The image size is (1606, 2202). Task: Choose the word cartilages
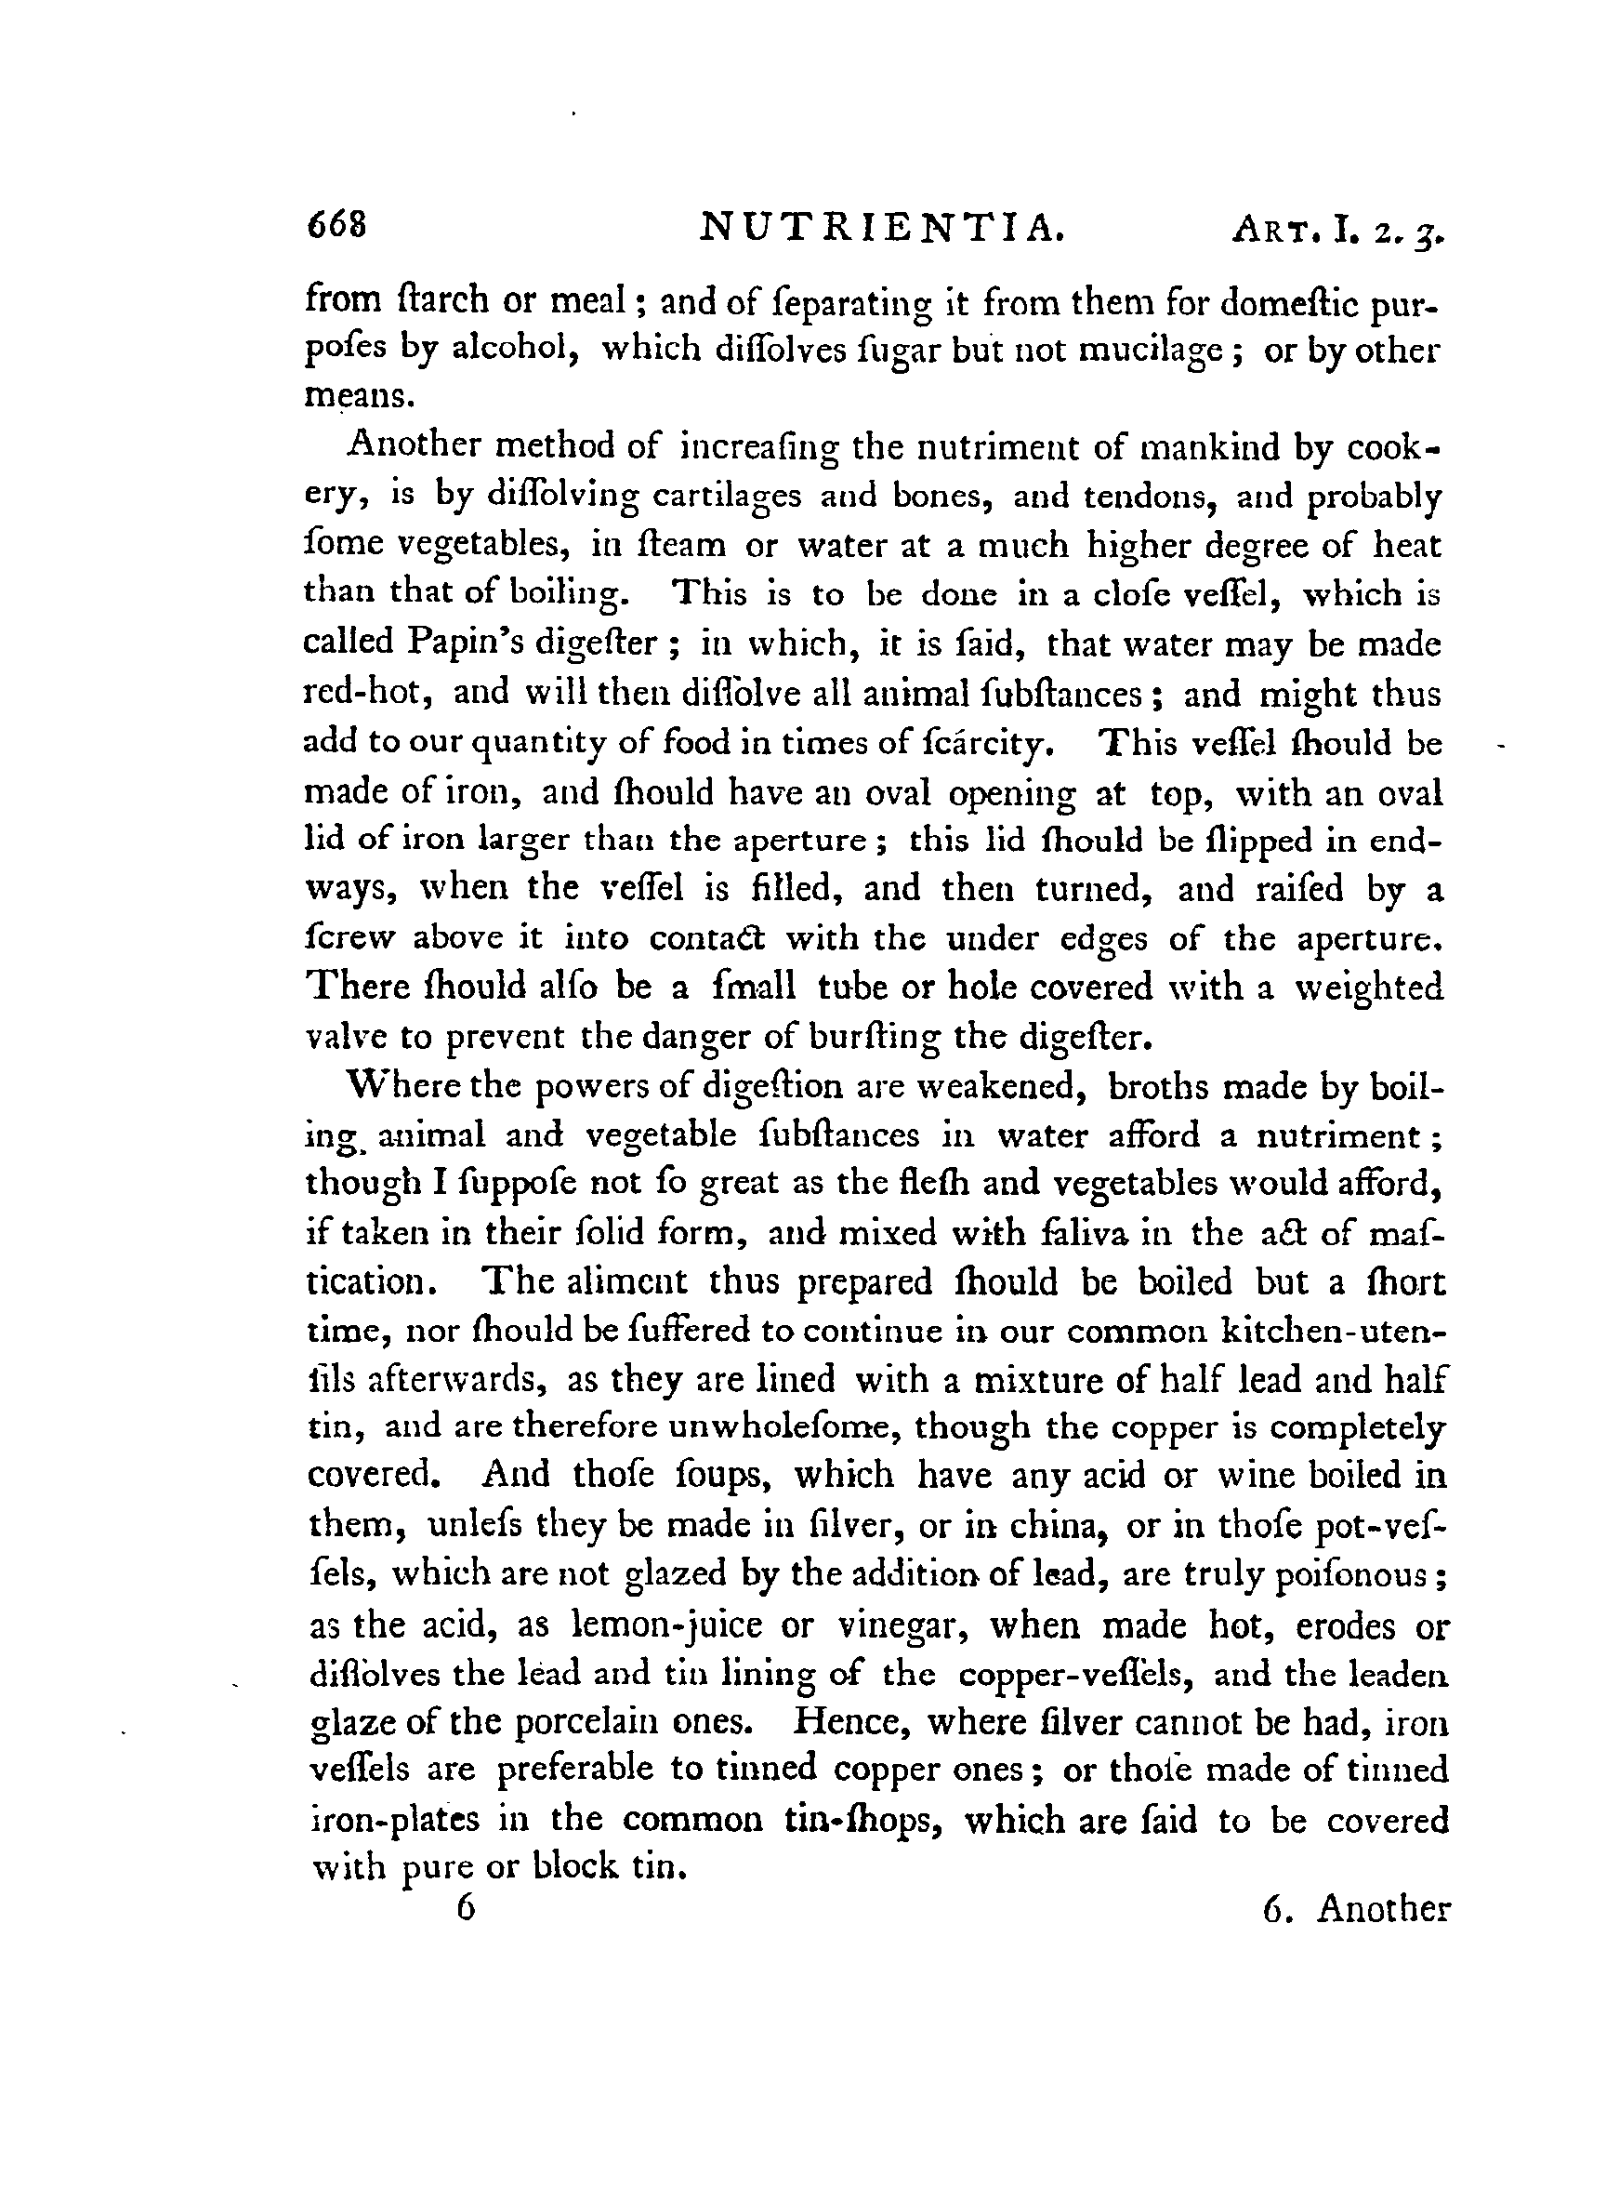pos(726,496)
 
